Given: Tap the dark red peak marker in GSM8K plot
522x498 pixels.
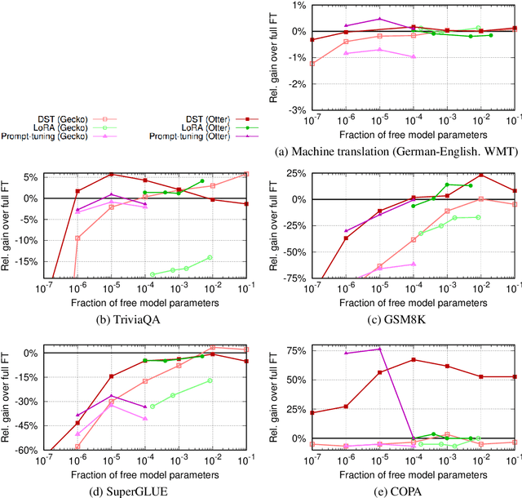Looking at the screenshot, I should click(481, 175).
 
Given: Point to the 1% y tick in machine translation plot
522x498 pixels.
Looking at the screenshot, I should click(299, 6).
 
